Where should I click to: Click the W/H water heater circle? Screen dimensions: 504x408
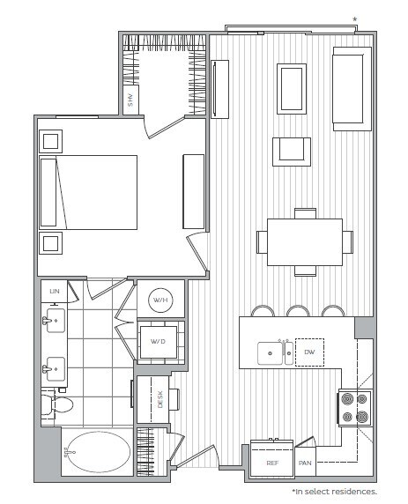pos(160,300)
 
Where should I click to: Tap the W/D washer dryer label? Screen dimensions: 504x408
pos(159,341)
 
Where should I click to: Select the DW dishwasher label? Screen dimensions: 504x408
pos(309,352)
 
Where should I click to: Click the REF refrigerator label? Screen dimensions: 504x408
pos(272,462)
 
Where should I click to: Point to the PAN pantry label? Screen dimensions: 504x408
pos(306,463)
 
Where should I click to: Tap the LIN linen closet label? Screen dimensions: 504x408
pos(54,290)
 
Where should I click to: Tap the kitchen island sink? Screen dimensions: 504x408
pos(271,353)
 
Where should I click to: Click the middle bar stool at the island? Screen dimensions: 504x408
pos(297,311)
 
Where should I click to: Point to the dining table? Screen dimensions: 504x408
pos(304,241)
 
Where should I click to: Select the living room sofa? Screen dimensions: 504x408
pos(351,88)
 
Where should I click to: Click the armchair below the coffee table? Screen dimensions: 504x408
pos(291,151)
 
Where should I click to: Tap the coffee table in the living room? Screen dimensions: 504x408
pos(292,89)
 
